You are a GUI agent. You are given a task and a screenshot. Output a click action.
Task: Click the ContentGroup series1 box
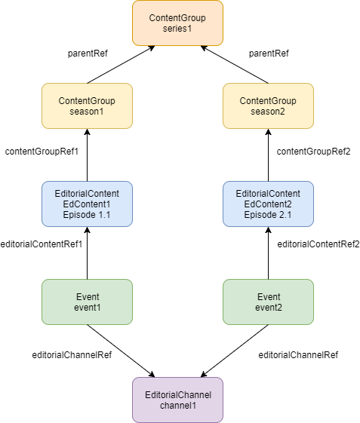point(177,23)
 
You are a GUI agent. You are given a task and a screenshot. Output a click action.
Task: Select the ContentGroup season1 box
point(87,106)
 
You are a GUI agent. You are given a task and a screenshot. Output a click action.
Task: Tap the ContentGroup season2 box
point(268,106)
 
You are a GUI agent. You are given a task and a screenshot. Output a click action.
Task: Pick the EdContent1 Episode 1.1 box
point(87,204)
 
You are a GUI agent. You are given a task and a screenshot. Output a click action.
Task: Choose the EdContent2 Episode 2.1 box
point(268,204)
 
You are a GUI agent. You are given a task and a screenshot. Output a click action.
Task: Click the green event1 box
point(87,302)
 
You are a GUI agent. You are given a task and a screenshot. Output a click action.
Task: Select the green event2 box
point(268,302)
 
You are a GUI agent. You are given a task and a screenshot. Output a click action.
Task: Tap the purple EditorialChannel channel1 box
point(177,400)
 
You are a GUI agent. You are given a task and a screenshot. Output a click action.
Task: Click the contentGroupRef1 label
point(42,152)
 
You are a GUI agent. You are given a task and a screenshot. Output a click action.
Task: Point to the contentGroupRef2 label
point(313,152)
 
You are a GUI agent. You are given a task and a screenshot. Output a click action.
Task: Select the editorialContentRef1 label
point(42,244)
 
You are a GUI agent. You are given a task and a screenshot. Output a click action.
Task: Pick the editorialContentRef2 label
point(318,244)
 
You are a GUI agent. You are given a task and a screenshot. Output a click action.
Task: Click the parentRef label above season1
point(88,54)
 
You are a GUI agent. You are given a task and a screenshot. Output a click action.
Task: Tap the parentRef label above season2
point(269,54)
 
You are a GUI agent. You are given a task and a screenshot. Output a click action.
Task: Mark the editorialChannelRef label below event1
point(72,355)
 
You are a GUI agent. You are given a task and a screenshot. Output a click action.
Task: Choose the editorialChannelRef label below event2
point(298,355)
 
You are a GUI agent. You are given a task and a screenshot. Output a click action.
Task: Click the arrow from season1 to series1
point(121,65)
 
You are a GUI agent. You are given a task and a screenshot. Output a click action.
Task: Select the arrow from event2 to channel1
point(235,351)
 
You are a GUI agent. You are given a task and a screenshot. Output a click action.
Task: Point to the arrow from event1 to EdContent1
point(87,253)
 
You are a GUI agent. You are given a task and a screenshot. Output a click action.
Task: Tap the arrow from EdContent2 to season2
point(268,155)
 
